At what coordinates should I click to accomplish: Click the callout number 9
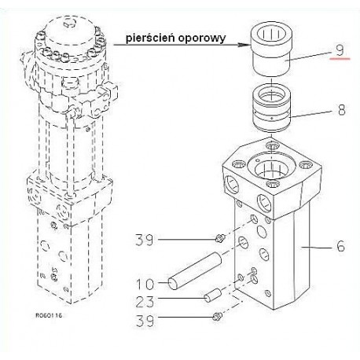pyautogui.click(x=340, y=50)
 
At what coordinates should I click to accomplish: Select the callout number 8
pyautogui.click(x=341, y=109)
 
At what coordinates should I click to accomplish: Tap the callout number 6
pyautogui.click(x=340, y=246)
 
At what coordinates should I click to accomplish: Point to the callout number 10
pyautogui.click(x=145, y=284)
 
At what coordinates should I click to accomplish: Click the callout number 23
pyautogui.click(x=145, y=301)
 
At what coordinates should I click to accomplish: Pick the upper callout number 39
pyautogui.click(x=144, y=240)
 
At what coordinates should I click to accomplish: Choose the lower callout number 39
pyautogui.click(x=145, y=321)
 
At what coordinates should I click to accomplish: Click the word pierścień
pyautogui.click(x=150, y=39)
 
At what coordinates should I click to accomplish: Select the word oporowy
pyautogui.click(x=201, y=39)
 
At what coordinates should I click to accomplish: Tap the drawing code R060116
pyautogui.click(x=49, y=315)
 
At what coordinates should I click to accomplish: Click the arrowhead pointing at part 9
pyautogui.click(x=244, y=45)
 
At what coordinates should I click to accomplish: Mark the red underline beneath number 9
pyautogui.click(x=340, y=59)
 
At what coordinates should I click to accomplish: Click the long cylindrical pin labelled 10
pyautogui.click(x=195, y=270)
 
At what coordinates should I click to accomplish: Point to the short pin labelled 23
pyautogui.click(x=213, y=295)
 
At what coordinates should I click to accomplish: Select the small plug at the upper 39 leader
pyautogui.click(x=220, y=238)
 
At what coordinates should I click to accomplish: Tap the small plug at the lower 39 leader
pyautogui.click(x=217, y=316)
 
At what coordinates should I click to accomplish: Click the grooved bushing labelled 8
pyautogui.click(x=272, y=108)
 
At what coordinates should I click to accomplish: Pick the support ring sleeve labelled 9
pyautogui.click(x=271, y=50)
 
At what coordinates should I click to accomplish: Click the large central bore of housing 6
pyautogui.click(x=271, y=167)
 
